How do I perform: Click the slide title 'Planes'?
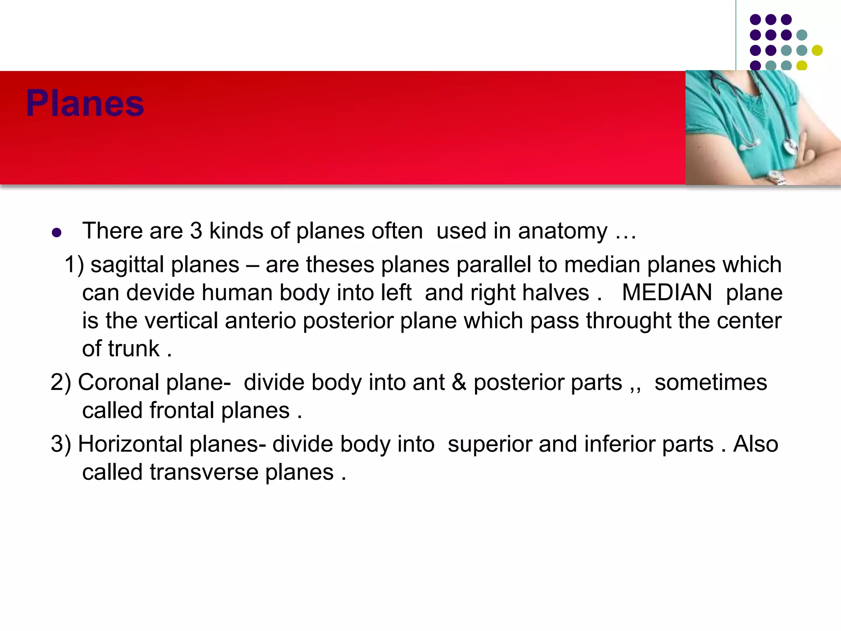tap(85, 104)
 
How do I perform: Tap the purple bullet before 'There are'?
tap(57, 233)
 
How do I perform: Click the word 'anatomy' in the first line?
tap(563, 231)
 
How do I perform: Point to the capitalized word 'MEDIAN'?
tap(667, 292)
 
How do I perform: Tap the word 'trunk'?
tap(133, 349)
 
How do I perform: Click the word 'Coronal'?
tap(119, 382)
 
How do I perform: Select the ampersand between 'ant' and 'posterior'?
tap(459, 382)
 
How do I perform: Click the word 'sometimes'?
tap(710, 382)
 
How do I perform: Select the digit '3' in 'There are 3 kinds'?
tap(196, 231)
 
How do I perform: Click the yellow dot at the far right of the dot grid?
tap(817, 50)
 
